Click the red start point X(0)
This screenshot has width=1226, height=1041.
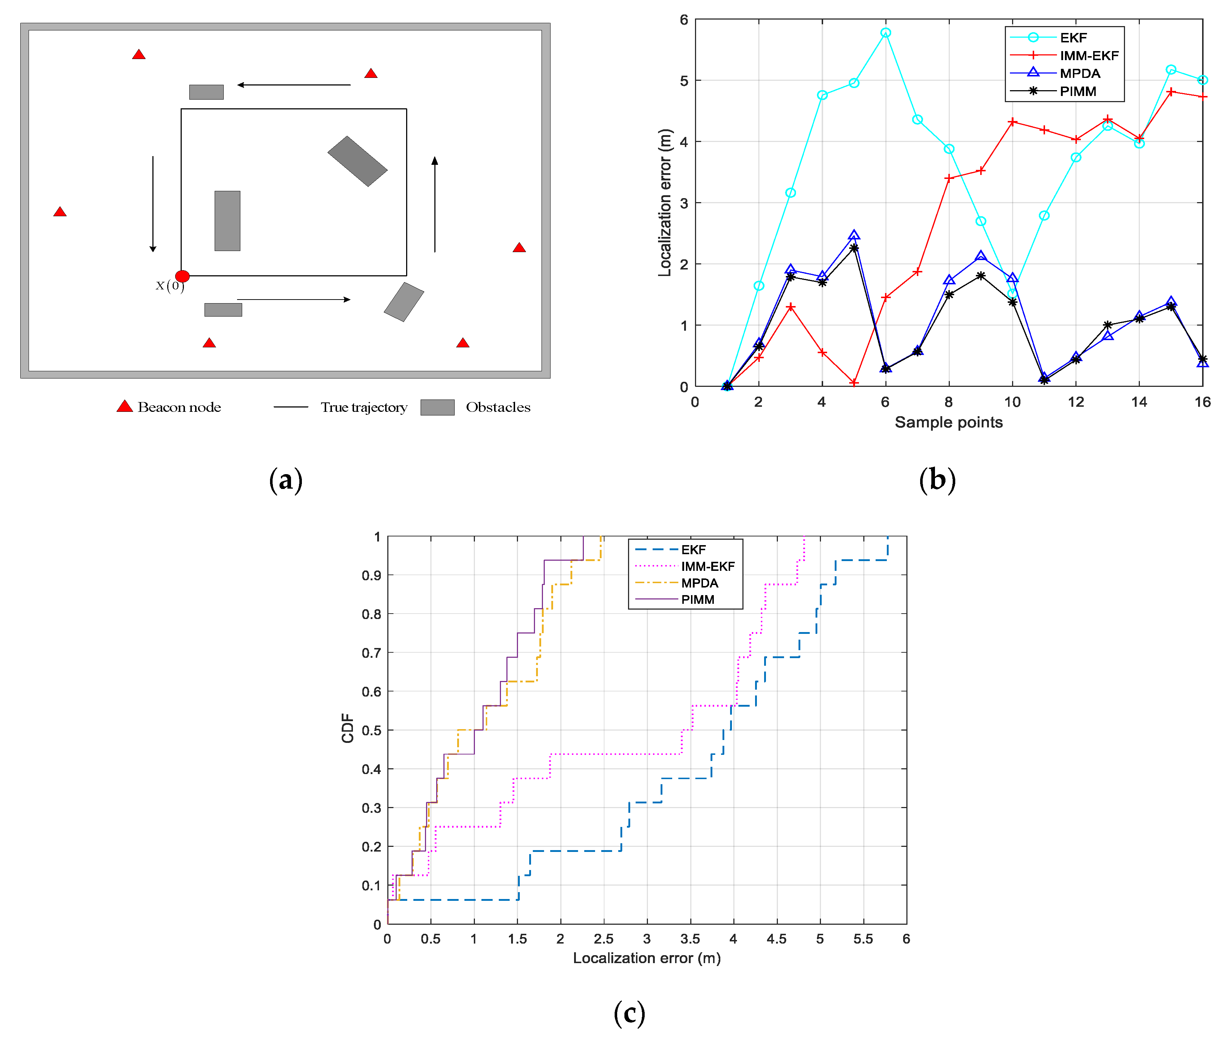point(182,276)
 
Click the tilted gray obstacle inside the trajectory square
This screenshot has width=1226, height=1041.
point(357,161)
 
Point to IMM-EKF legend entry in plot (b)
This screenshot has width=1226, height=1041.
point(1088,55)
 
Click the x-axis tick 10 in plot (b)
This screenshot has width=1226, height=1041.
point(1012,402)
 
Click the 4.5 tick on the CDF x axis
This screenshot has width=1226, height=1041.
point(776,939)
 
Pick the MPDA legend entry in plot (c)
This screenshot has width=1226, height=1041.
point(699,583)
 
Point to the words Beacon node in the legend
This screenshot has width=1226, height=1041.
point(179,407)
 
